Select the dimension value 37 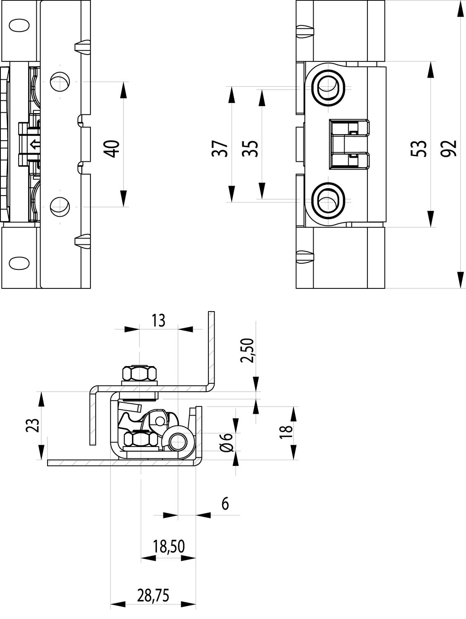(x=220, y=149)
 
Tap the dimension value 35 (x=250, y=149)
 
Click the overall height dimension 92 (x=448, y=149)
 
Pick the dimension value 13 (x=158, y=320)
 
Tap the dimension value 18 (x=286, y=432)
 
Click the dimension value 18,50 (x=168, y=546)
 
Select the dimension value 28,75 (x=153, y=596)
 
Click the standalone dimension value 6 (x=225, y=503)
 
